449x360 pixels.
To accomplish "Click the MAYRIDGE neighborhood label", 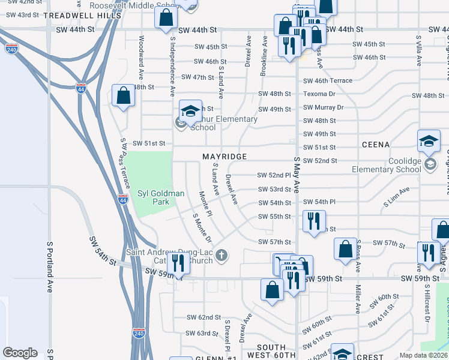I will [x=224, y=157].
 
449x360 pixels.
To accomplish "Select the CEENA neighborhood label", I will [x=376, y=145].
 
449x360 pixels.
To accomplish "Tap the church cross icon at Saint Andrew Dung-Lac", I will [x=221, y=256].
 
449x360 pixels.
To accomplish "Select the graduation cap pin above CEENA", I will [x=429, y=142].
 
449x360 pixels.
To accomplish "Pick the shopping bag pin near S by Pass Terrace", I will [x=123, y=96].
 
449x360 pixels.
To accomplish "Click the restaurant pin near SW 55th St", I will [x=314, y=221].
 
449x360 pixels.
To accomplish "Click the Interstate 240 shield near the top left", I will [x=11, y=49].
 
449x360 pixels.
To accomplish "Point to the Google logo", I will [x=20, y=353].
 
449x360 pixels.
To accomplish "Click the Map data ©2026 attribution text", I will [x=424, y=355].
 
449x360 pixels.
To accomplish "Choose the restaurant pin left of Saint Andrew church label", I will [x=178, y=262].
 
